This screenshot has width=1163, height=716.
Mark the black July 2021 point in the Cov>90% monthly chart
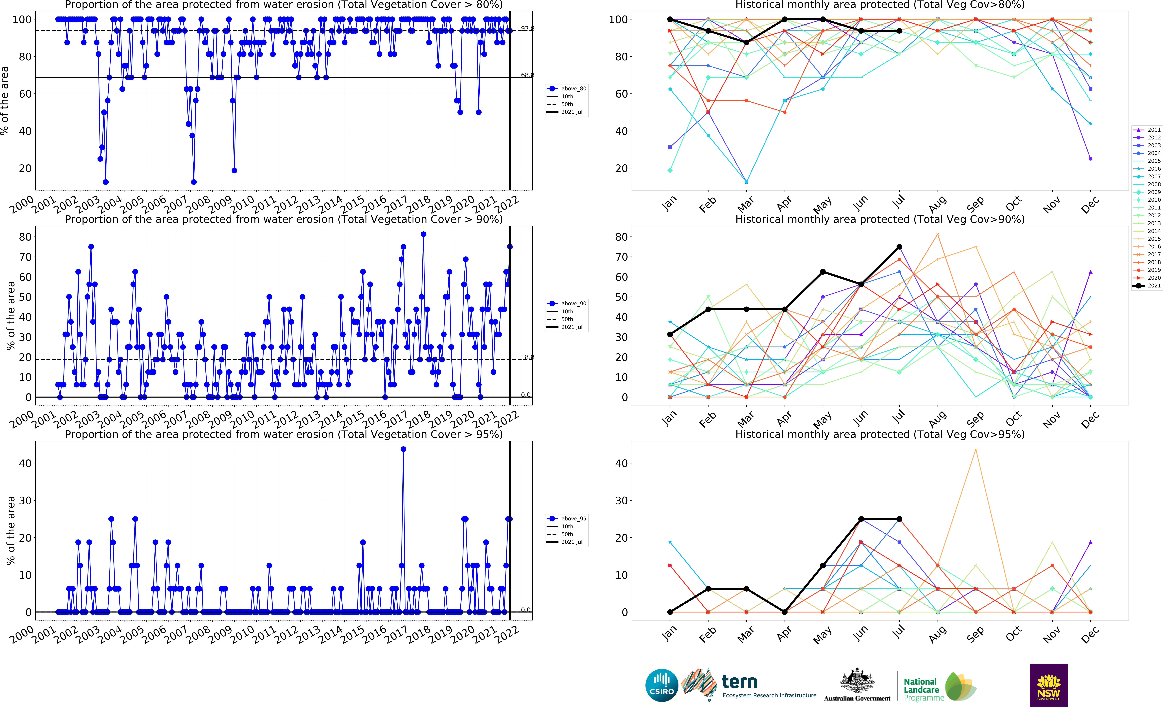899,247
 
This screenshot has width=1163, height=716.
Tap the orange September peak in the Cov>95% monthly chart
975,449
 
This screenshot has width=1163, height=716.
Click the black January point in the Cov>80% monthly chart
670,19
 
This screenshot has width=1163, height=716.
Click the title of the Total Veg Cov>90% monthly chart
880,219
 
